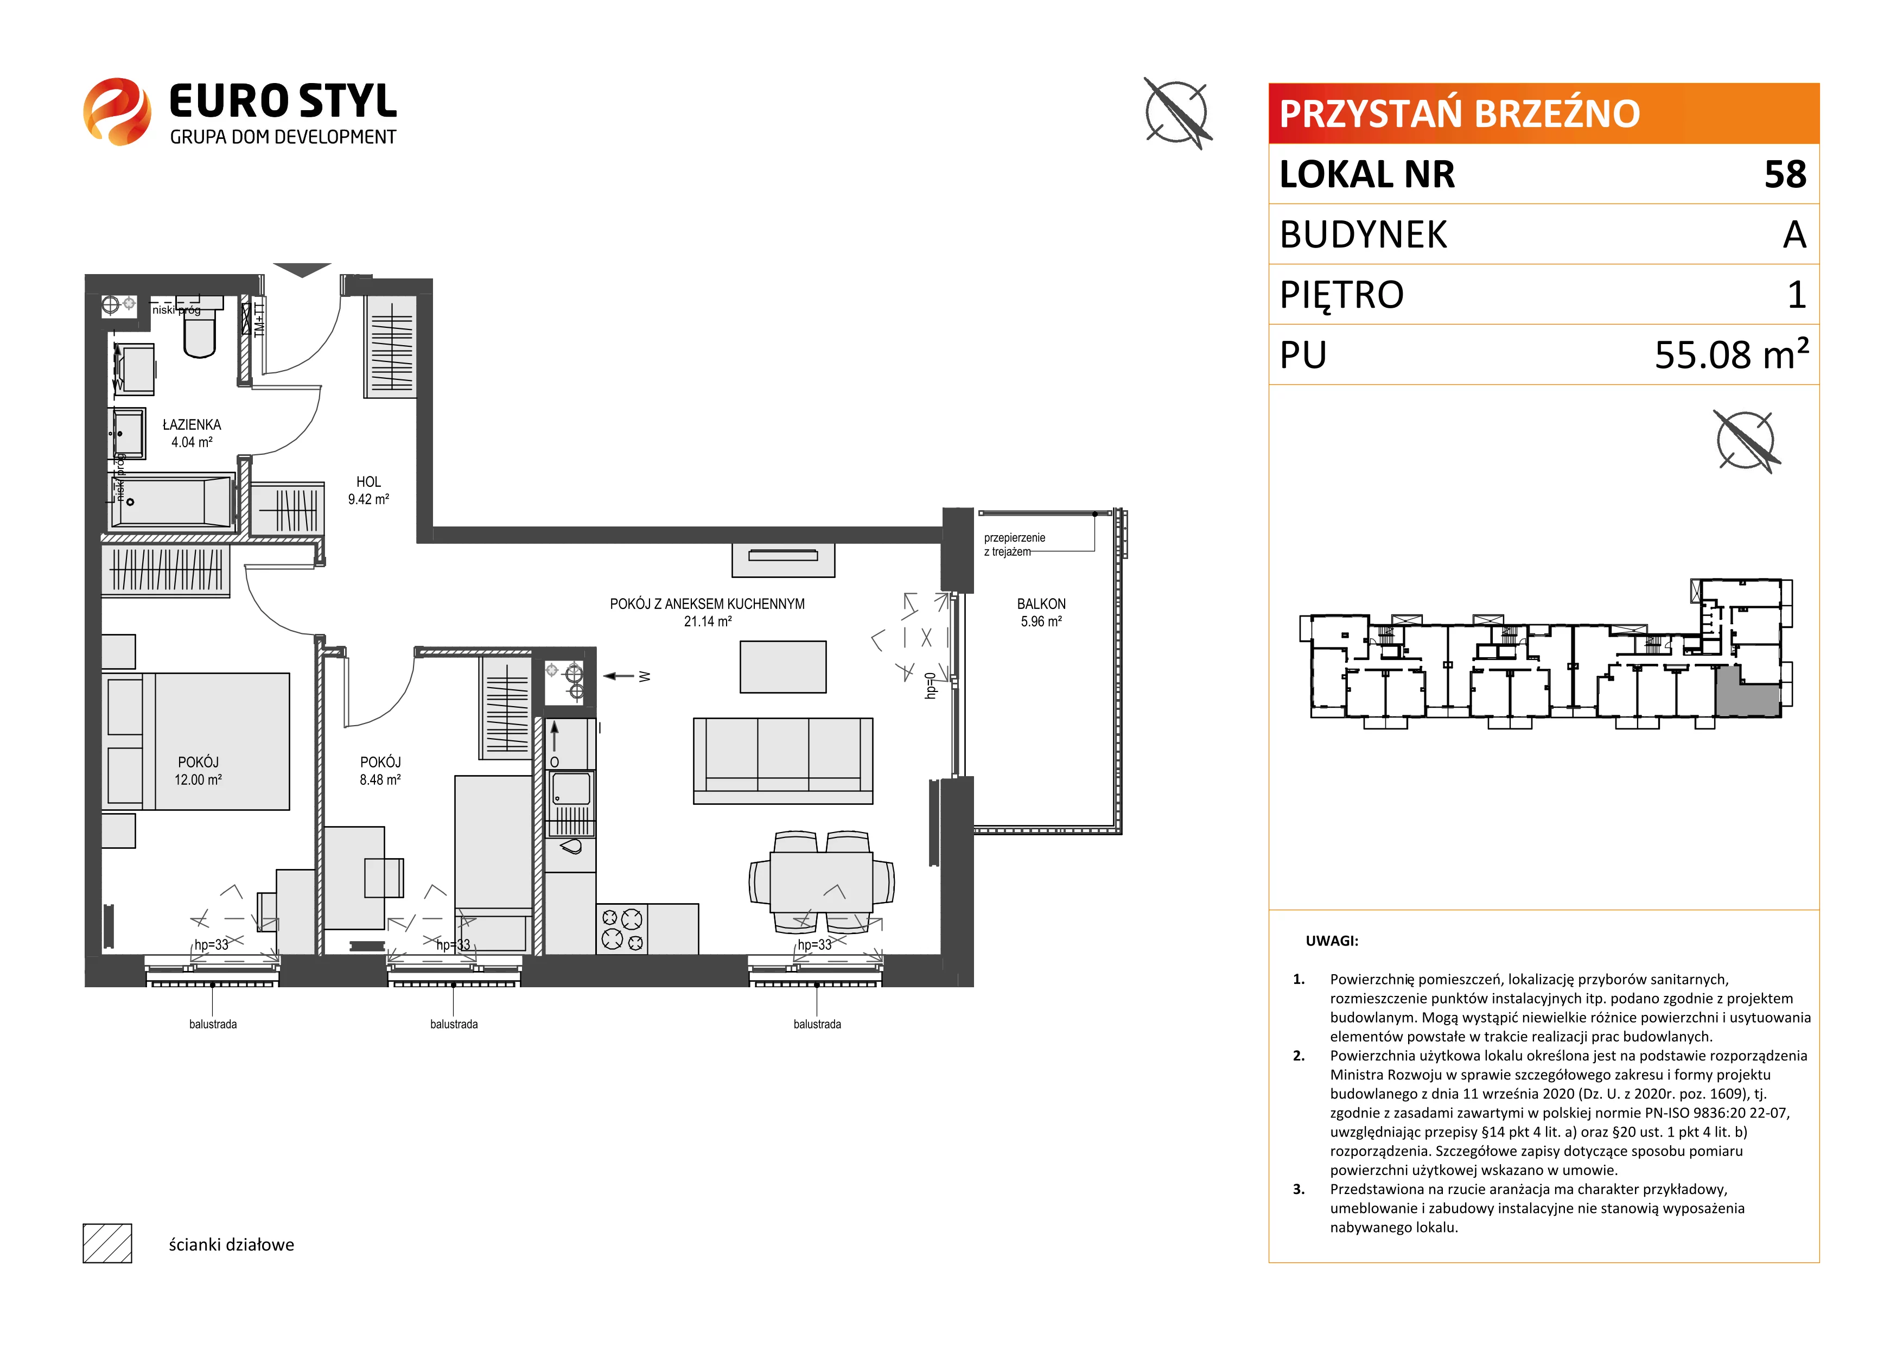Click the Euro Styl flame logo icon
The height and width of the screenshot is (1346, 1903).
pyautogui.click(x=117, y=112)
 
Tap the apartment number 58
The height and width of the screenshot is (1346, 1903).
pyautogui.click(x=1785, y=174)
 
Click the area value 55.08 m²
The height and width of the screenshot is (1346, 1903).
pyautogui.click(x=1730, y=354)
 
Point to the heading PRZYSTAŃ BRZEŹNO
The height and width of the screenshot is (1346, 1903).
pyautogui.click(x=1460, y=113)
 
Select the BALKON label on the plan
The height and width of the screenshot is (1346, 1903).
pyautogui.click(x=1041, y=604)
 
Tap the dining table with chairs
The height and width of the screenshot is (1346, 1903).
pyautogui.click(x=822, y=882)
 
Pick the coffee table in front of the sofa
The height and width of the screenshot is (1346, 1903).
pyautogui.click(x=782, y=666)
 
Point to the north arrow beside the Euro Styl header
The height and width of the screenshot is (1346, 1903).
pyautogui.click(x=1177, y=113)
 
